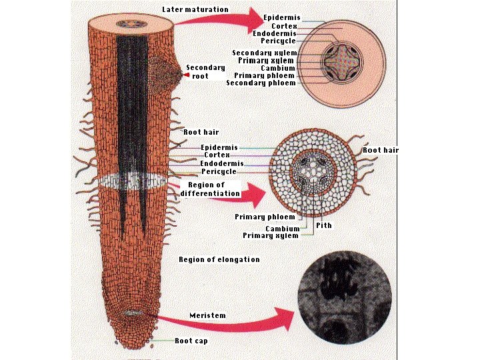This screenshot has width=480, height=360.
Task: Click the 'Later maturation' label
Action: coord(195,10)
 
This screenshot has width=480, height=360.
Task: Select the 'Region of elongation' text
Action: coord(219,259)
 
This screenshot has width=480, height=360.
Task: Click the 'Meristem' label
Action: coord(207,315)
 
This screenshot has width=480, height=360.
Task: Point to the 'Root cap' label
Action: coord(191,341)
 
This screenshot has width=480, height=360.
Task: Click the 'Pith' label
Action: coord(324,225)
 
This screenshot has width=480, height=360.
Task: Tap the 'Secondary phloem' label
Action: coord(261,83)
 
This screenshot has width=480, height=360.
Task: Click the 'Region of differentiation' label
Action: coord(210,189)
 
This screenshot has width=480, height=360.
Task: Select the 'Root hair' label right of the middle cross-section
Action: coord(381,150)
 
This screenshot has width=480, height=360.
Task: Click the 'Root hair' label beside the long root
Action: coord(201,133)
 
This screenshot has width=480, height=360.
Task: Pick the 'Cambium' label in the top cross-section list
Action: coord(278,68)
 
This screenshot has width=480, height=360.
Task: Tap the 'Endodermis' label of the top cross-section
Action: coord(275,33)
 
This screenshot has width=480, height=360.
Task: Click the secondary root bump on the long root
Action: coord(165,71)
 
